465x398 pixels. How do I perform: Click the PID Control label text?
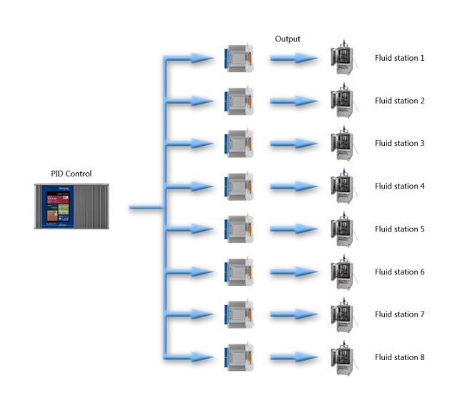click(71, 174)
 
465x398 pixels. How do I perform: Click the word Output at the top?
click(288, 39)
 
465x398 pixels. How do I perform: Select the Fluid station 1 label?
click(400, 58)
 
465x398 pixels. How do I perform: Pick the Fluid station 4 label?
click(400, 186)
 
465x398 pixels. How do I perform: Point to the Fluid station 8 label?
click(400, 357)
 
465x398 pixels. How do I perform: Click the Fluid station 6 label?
click(400, 272)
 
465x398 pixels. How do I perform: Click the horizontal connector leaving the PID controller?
click(146, 208)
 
